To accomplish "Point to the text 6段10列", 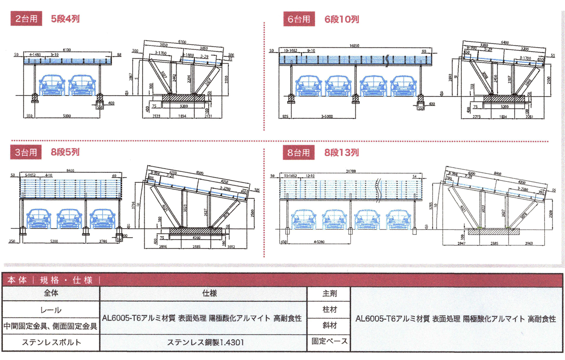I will pyautogui.click(x=342, y=19).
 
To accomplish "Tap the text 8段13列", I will pyautogui.click(x=342, y=152).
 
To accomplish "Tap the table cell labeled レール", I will pyautogui.click(x=51, y=311).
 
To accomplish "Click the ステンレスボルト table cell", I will pyautogui.click(x=51, y=342).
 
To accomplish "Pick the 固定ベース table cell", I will pyautogui.click(x=330, y=341).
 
